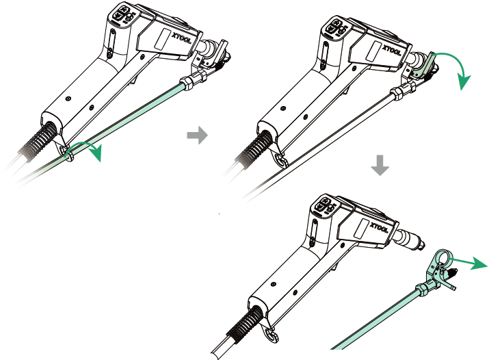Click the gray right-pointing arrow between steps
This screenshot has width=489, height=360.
[198, 135]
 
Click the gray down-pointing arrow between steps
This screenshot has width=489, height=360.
[380, 166]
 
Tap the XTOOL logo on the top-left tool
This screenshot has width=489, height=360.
[181, 38]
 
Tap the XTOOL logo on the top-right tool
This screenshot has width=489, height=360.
[392, 50]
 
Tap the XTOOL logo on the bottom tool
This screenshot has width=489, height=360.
[379, 227]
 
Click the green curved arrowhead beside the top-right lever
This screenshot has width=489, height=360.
[464, 82]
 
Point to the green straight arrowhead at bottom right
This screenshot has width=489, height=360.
[479, 263]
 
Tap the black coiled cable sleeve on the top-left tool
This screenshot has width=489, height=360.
[39, 141]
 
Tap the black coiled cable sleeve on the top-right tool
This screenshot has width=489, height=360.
[255, 149]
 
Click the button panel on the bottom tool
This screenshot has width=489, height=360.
[324, 206]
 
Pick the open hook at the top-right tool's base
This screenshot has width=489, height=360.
[280, 159]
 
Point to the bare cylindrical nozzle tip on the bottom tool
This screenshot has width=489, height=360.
[410, 240]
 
